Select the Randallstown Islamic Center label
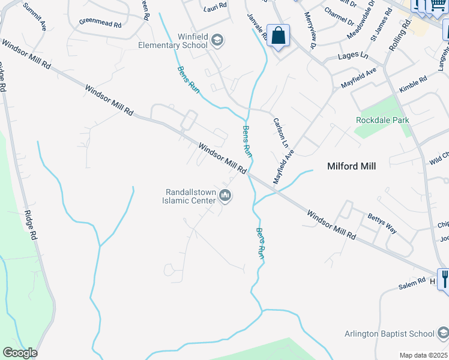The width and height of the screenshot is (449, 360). (x=190, y=196)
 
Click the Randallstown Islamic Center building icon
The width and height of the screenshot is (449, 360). (x=226, y=196)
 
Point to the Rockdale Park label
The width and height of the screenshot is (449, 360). (x=382, y=120)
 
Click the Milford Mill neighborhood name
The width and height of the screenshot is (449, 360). (x=351, y=166)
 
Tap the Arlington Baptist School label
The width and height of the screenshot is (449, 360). (x=389, y=334)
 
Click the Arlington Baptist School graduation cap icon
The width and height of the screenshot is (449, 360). (x=442, y=333)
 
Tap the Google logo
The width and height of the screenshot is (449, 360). (x=20, y=353)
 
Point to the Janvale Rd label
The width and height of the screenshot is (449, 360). (x=257, y=27)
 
